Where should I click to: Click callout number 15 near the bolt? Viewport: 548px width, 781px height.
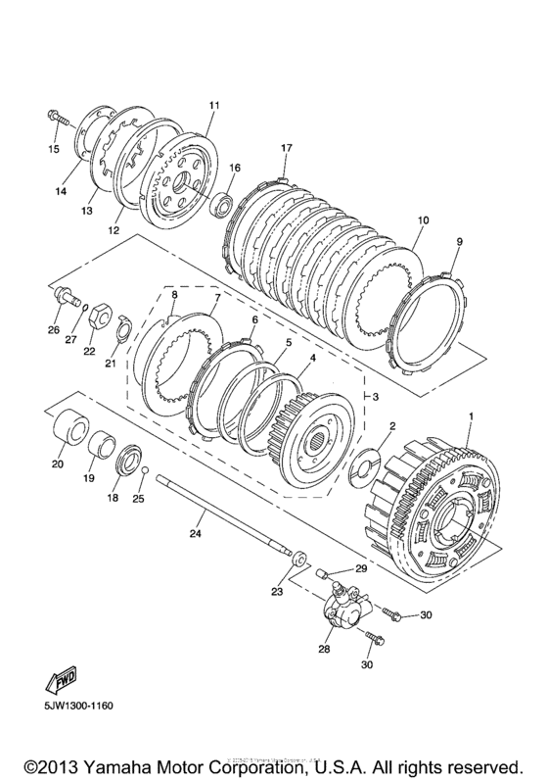[55, 149]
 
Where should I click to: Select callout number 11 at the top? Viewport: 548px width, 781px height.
[214, 105]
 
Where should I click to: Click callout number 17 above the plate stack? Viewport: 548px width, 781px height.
[287, 148]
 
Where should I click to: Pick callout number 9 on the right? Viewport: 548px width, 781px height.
[459, 241]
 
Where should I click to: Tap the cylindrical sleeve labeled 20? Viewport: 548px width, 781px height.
[70, 432]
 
